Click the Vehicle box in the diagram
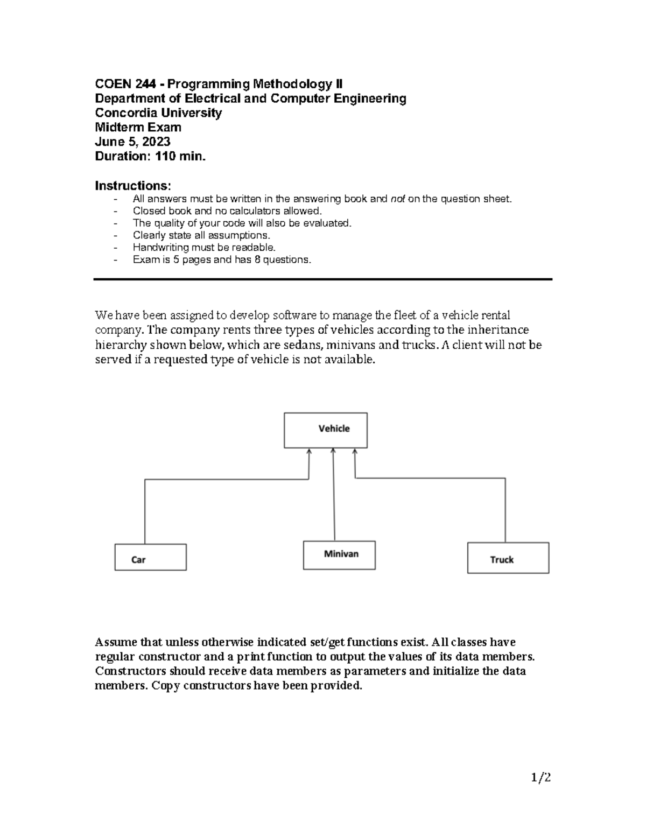coord(326,430)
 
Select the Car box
coord(150,557)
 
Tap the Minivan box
coord(339,555)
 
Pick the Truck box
coord(508,558)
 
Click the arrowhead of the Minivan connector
coord(334,452)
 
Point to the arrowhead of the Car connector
coord(309,452)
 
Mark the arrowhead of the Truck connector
coord(355,452)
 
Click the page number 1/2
coord(541,777)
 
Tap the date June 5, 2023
coord(132,142)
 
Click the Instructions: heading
coord(133,186)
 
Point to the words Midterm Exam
coord(138,128)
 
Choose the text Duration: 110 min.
coord(150,157)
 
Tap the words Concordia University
coord(158,113)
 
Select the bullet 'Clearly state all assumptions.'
coord(201,235)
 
